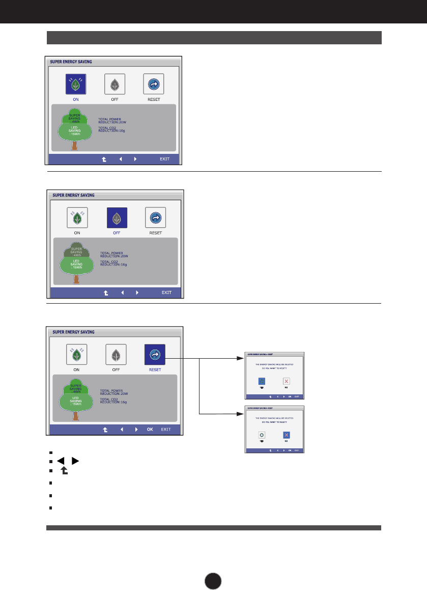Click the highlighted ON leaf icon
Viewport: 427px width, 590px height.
tap(75, 84)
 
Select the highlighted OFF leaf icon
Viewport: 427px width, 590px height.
tap(117, 218)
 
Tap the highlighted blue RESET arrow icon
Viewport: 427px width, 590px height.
tap(155, 355)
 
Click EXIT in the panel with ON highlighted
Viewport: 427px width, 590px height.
tap(165, 159)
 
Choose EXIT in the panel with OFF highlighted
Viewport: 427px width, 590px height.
tap(166, 293)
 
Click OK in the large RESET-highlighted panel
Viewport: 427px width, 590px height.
tap(150, 430)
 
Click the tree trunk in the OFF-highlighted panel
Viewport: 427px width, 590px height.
tap(76, 279)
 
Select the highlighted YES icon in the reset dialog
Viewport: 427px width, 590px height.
tap(262, 381)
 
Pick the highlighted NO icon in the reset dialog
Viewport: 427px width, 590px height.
tap(287, 435)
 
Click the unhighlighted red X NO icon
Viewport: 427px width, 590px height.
tap(287, 381)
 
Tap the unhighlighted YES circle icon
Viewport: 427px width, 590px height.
tap(262, 435)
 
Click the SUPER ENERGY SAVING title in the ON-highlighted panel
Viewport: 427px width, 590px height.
tap(71, 62)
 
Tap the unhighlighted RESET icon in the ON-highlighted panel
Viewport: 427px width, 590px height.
tap(153, 84)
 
